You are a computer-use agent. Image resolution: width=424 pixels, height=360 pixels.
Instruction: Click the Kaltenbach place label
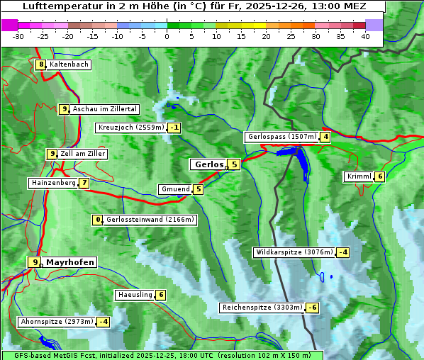69,64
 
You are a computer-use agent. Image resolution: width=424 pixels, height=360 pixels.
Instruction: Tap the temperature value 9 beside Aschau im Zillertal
64,109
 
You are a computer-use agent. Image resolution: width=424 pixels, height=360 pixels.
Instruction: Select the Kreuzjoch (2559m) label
130,128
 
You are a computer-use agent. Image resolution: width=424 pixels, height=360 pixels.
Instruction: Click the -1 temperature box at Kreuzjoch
174,128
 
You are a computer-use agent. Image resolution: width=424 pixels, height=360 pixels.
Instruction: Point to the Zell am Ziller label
82,154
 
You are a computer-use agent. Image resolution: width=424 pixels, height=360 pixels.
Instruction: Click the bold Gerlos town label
208,164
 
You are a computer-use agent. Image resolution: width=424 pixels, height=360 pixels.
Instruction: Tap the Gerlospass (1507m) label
281,137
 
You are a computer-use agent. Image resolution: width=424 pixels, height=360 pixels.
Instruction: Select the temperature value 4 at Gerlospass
325,137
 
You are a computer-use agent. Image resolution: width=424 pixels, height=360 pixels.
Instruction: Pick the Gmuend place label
175,189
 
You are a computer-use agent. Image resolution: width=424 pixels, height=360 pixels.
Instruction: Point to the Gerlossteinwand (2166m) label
150,220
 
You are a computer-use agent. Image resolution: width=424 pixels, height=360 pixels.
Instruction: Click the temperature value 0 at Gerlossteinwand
99,220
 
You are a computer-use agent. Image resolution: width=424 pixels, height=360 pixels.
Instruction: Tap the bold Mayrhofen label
69,262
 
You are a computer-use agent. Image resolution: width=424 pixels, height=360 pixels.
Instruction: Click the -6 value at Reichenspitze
312,308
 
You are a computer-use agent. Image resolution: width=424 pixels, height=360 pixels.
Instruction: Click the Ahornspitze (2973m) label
57,322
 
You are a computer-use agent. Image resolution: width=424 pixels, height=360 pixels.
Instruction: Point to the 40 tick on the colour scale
365,36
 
